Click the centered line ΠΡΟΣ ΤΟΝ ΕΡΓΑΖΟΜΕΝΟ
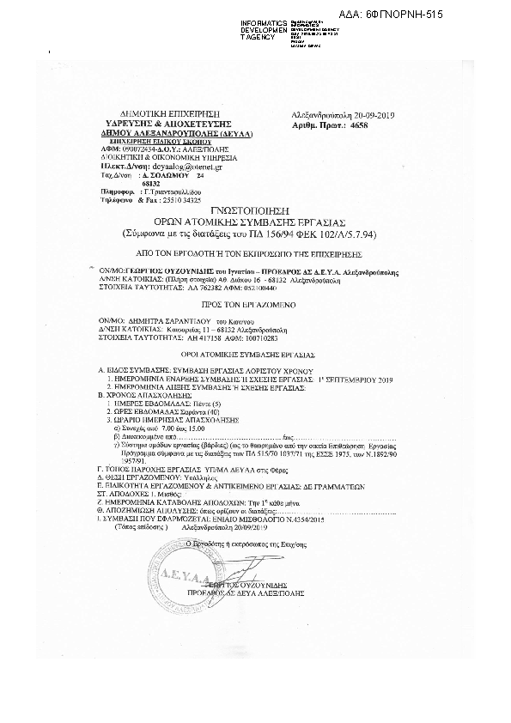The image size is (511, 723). (x=253, y=305)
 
